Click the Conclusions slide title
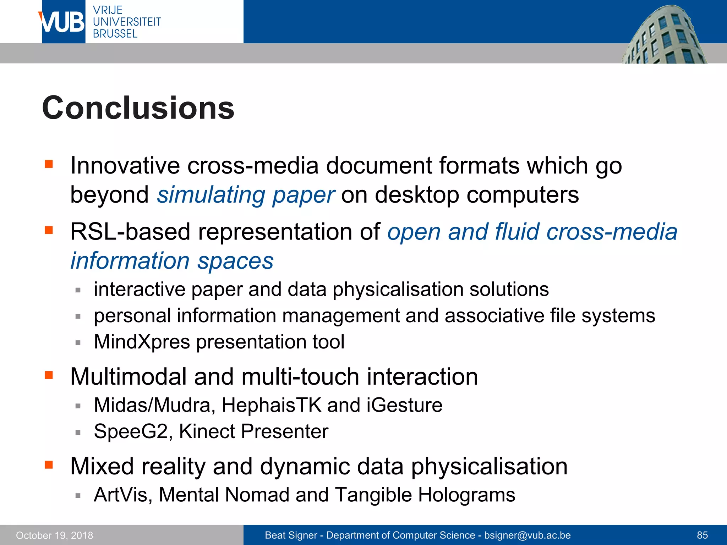pyautogui.click(x=138, y=108)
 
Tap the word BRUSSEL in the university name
pyautogui.click(x=115, y=34)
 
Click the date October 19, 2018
pyautogui.click(x=54, y=535)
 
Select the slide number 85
pyautogui.click(x=702, y=535)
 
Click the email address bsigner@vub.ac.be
pyautogui.click(x=527, y=535)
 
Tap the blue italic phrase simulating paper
pyautogui.click(x=246, y=195)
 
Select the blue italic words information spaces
pyautogui.click(x=172, y=261)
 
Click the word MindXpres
pyautogui.click(x=142, y=342)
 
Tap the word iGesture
pyautogui.click(x=404, y=405)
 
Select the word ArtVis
pyautogui.click(x=121, y=495)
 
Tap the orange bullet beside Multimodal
pyautogui.click(x=49, y=375)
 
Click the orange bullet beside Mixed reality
pyautogui.click(x=49, y=465)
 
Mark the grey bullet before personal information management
pyautogui.click(x=78, y=316)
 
